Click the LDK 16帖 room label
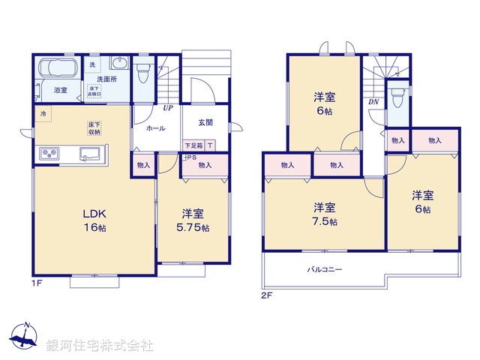tap(95, 219)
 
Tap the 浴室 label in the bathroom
tap(60, 90)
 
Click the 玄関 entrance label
tap(205, 122)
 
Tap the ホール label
tap(156, 128)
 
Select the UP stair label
tap(169, 108)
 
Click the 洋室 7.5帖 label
tap(324, 214)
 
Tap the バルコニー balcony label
tap(324, 268)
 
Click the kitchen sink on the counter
tap(91, 155)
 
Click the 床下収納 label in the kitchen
tap(94, 127)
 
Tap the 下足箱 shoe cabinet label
tap(193, 145)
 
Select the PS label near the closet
tap(191, 157)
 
